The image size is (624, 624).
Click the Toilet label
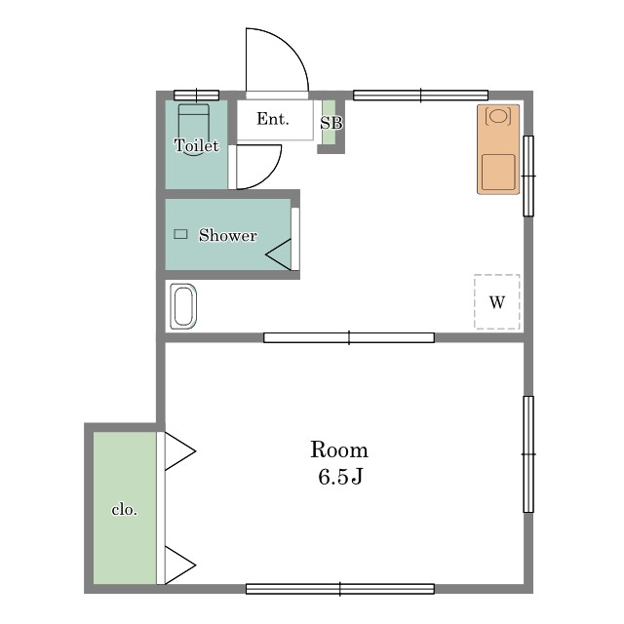pyautogui.click(x=197, y=145)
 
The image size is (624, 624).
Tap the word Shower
pyautogui.click(x=227, y=235)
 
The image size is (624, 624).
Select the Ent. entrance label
pyautogui.click(x=273, y=119)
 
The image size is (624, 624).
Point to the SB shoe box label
pyautogui.click(x=331, y=123)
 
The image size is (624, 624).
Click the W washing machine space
pyautogui.click(x=497, y=302)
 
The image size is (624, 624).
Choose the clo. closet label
pyautogui.click(x=124, y=510)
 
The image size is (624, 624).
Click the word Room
pyautogui.click(x=339, y=449)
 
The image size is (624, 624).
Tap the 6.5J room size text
pyautogui.click(x=340, y=476)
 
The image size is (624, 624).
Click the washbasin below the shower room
pyautogui.click(x=183, y=306)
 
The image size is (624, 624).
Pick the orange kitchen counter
pyautogui.click(x=498, y=149)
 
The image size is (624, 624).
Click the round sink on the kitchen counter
pyautogui.click(x=498, y=116)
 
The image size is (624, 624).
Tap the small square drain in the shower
pyautogui.click(x=180, y=234)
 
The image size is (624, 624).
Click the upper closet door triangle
pyautogui.click(x=179, y=451)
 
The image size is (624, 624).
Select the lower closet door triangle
pyautogui.click(x=179, y=565)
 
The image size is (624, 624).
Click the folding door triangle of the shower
pyautogui.click(x=279, y=254)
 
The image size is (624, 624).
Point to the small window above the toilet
pyautogui.click(x=197, y=96)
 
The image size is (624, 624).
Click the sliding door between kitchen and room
pyautogui.click(x=349, y=338)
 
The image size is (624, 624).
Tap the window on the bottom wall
pyautogui.click(x=340, y=589)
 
